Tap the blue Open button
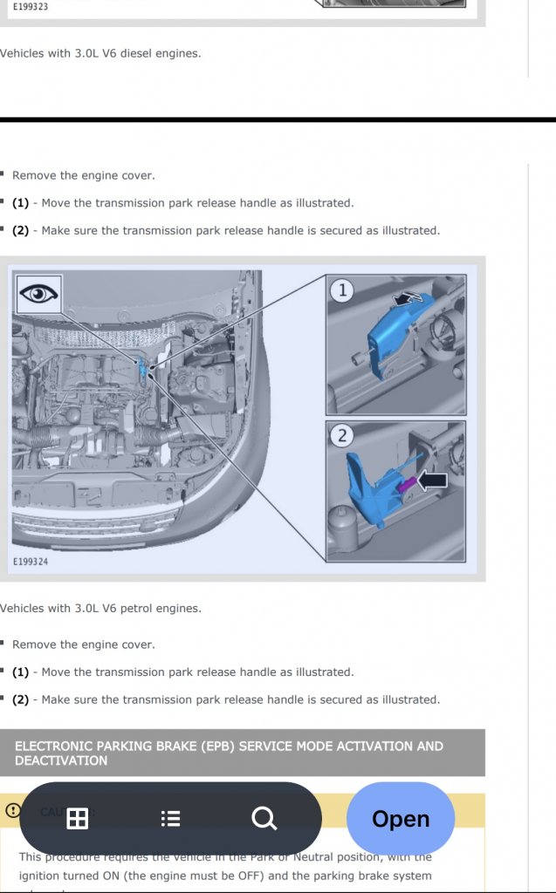(401, 818)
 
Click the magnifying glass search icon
(264, 818)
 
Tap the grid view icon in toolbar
(78, 818)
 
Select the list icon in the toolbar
(171, 818)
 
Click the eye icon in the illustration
(39, 295)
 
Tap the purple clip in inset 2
(405, 485)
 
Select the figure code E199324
(31, 562)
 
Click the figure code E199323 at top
(24, 6)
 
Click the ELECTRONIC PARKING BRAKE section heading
(229, 753)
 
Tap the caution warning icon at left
(13, 810)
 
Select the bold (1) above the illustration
(20, 203)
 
